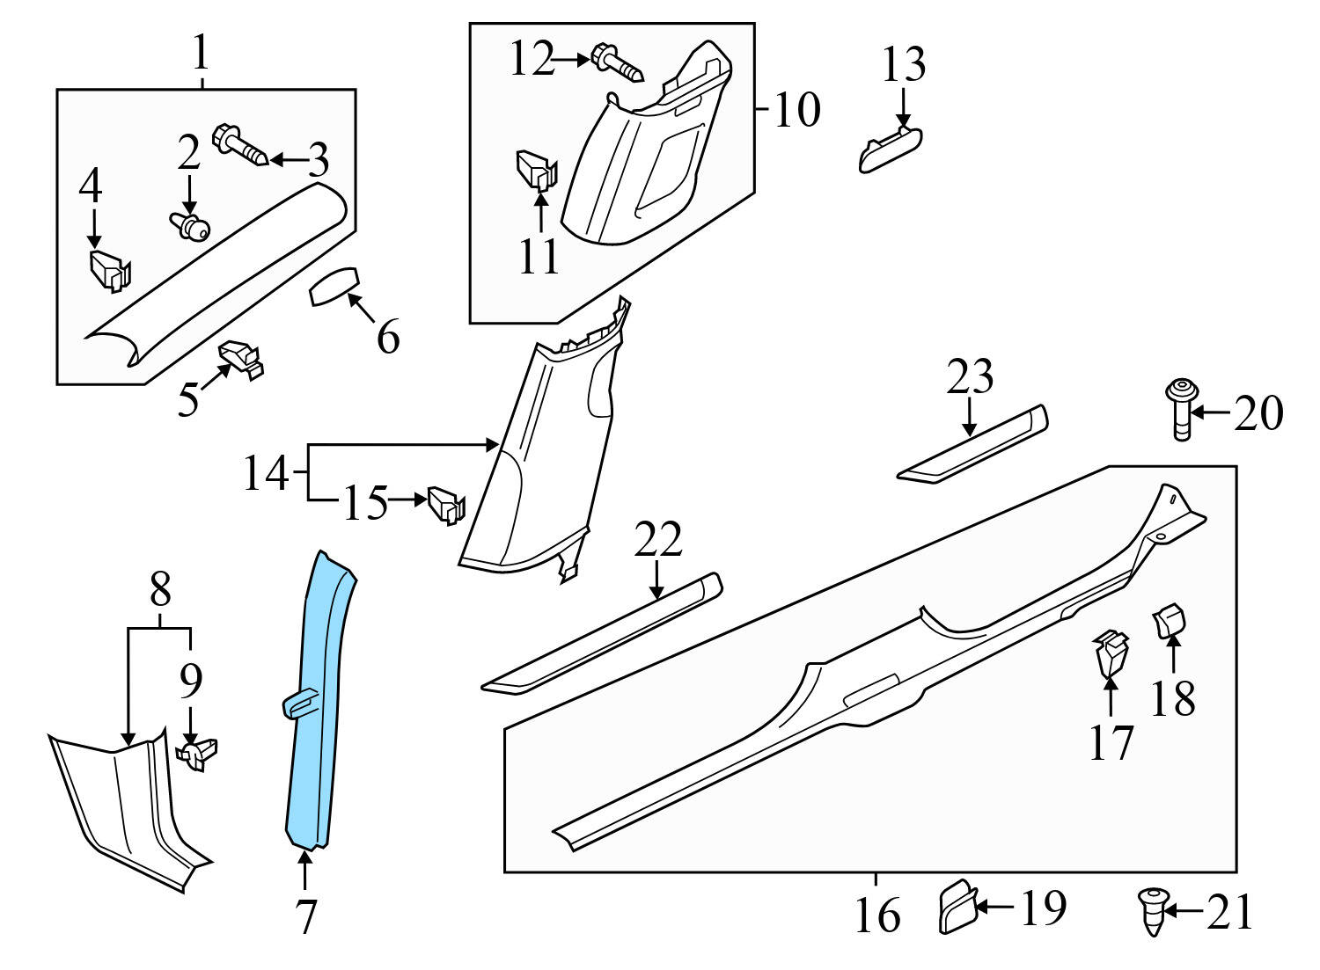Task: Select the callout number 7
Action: pyautogui.click(x=305, y=917)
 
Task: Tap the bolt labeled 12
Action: pyautogui.click(x=619, y=61)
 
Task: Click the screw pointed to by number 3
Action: pyautogui.click(x=240, y=146)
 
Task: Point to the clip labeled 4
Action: pyautogui.click(x=109, y=270)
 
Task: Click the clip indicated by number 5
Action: pyautogui.click(x=242, y=357)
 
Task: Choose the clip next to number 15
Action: pyautogui.click(x=445, y=505)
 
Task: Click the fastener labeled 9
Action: pyautogui.click(x=197, y=754)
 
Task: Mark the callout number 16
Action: pyautogui.click(x=877, y=915)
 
